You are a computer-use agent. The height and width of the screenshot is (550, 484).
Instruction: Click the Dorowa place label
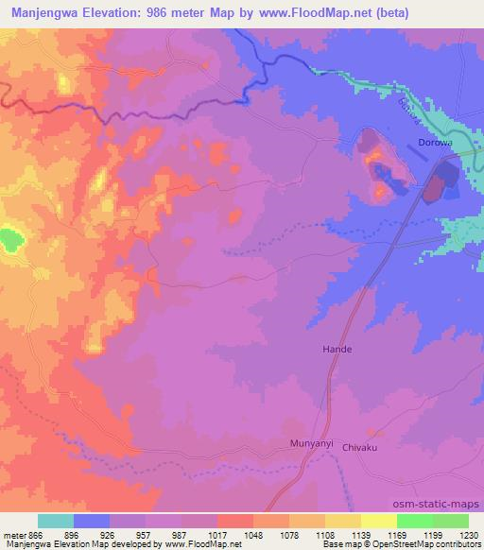435,144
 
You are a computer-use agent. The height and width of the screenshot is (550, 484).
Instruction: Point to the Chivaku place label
360,448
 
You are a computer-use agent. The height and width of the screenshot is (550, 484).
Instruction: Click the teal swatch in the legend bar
56,522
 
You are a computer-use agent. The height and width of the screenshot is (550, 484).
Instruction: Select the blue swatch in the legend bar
92,522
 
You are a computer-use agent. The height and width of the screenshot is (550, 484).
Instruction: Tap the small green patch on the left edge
10,239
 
